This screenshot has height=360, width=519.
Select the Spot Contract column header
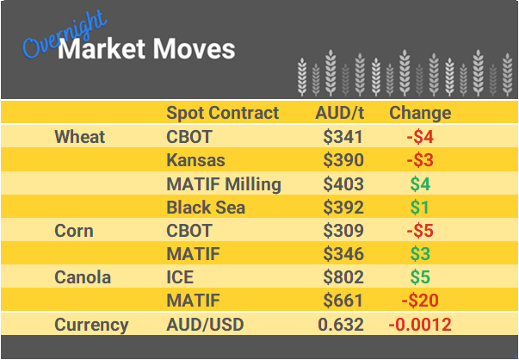click(222, 113)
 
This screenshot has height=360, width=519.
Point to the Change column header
click(420, 113)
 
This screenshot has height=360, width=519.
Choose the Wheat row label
click(79, 137)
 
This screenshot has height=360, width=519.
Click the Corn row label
click(73, 231)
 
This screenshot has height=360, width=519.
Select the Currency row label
click(91, 325)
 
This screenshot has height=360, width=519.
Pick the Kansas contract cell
click(195, 160)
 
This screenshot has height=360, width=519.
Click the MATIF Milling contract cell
click(223, 183)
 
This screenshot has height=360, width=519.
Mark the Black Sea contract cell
click(206, 208)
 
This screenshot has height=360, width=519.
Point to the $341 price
click(343, 137)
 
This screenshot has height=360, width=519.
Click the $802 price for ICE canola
click(343, 277)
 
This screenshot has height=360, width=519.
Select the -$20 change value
click(418, 301)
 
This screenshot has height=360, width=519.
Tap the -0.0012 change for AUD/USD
click(419, 325)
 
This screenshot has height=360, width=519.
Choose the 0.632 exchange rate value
click(341, 325)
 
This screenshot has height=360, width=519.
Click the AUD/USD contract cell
click(204, 325)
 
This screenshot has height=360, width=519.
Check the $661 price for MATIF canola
click(343, 301)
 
